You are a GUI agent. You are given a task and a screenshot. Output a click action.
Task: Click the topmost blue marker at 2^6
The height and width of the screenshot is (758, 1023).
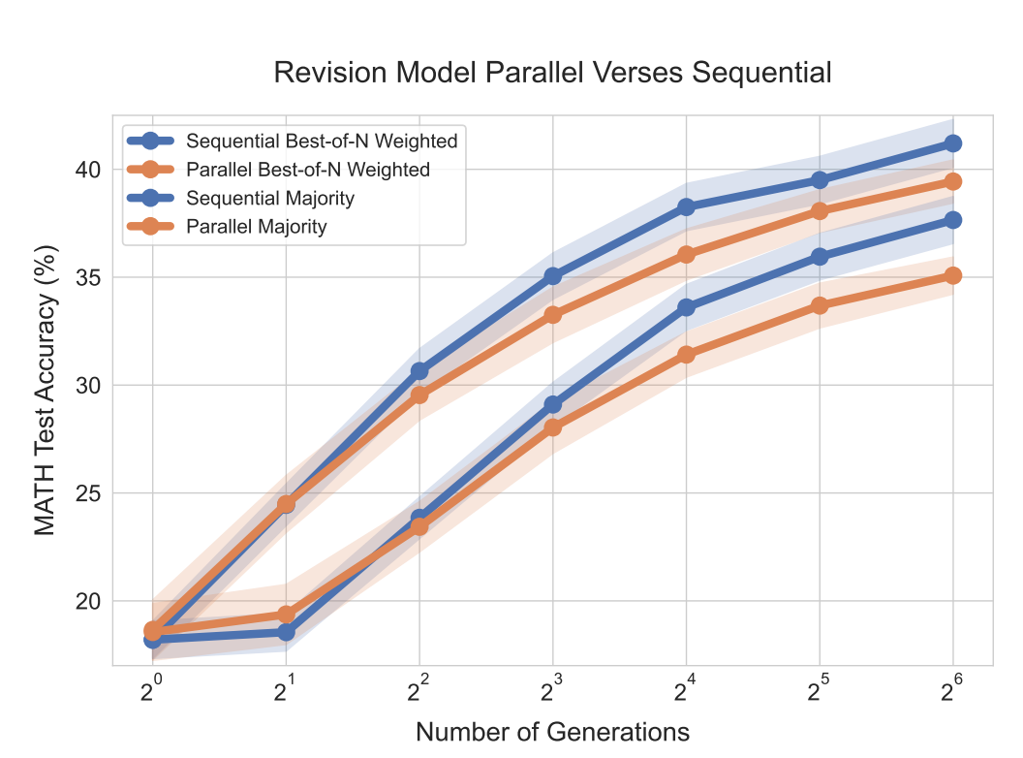952,143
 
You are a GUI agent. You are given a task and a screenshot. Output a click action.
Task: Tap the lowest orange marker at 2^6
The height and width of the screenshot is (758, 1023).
952,275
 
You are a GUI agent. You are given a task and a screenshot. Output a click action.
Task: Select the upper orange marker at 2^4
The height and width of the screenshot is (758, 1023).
687,254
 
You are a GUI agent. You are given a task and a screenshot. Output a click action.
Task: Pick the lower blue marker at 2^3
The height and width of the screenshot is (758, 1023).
553,404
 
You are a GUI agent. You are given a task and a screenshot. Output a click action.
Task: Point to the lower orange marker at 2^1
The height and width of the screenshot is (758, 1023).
286,614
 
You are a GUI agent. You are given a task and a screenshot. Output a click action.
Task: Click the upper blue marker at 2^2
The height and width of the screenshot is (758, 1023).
419,371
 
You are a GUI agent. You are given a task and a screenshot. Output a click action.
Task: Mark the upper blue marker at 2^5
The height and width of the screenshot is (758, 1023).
820,180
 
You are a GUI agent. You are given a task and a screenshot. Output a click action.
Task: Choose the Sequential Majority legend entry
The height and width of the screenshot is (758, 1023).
270,199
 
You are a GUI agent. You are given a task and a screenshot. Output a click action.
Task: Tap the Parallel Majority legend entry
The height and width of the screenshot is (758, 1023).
257,228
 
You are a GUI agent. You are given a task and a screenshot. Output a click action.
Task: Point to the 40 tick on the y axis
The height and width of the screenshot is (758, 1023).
88,170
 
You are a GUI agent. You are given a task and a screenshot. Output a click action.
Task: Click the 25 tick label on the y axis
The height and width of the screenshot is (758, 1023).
88,493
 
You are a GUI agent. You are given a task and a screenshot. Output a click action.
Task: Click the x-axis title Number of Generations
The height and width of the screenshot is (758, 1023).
553,732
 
